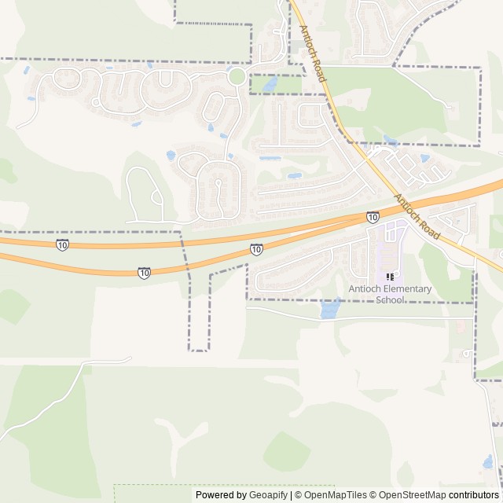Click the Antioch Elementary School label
tap(391, 294)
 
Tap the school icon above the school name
tap(390, 277)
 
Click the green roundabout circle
tap(237, 76)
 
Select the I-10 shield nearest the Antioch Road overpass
tap(373, 217)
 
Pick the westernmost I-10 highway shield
tap(62, 245)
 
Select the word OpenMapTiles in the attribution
tap(330, 495)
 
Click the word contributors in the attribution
tap(474, 495)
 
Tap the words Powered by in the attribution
tap(221, 495)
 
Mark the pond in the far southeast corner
tap(488, 461)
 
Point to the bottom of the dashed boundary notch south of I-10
tap(199, 350)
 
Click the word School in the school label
tap(390, 299)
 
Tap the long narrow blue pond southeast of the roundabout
tap(270, 158)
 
